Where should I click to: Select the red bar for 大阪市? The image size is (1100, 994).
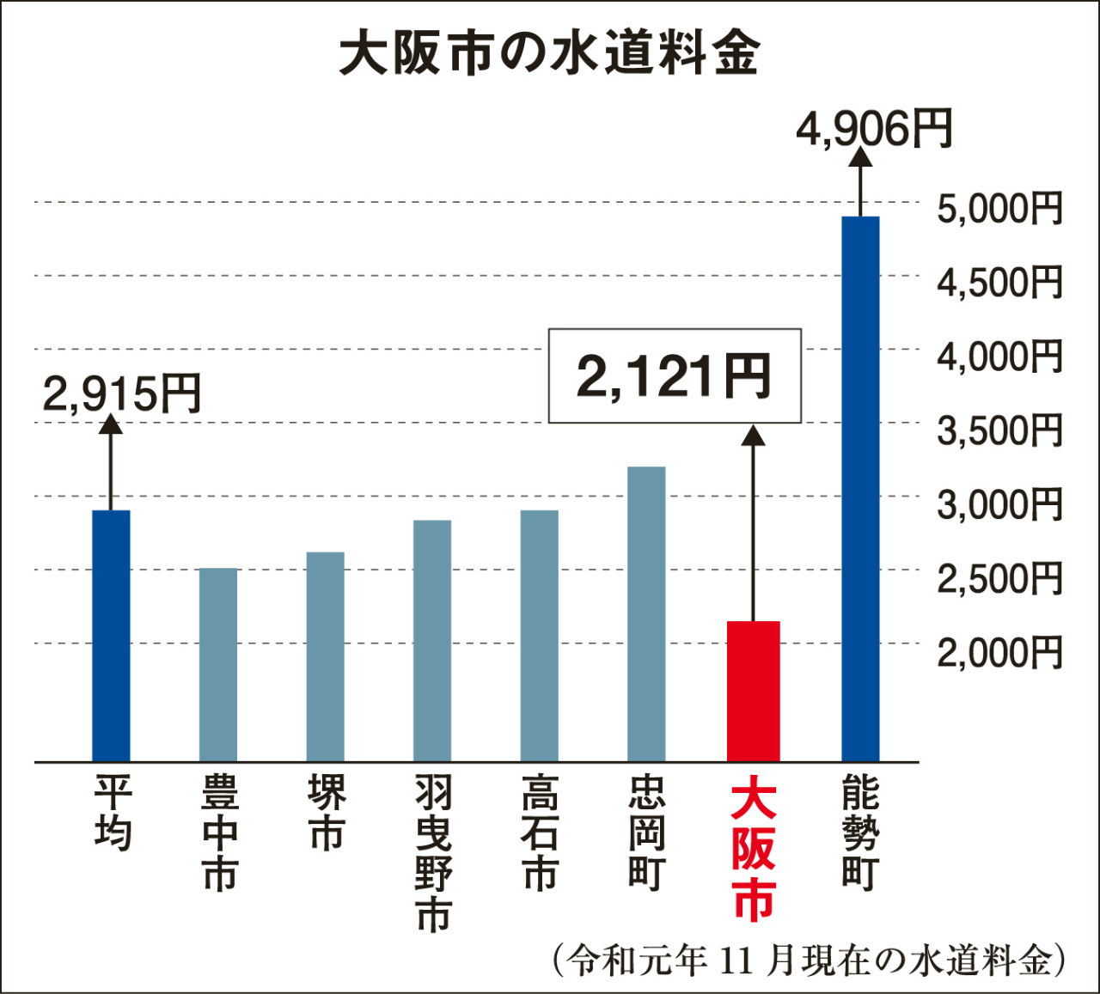point(753,691)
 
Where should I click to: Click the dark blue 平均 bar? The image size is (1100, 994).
point(111,636)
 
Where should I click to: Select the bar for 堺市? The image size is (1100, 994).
point(326,656)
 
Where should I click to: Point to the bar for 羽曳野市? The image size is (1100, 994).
point(432,640)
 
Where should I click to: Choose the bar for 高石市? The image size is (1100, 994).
point(540,636)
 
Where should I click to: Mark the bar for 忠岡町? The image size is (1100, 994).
point(646,613)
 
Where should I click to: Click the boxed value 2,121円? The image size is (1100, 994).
point(675,376)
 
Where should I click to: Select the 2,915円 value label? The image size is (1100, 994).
point(121,393)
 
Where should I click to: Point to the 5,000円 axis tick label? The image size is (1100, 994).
point(999,209)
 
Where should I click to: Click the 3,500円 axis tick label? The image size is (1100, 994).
point(999,430)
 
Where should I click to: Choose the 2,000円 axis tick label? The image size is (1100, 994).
point(999,653)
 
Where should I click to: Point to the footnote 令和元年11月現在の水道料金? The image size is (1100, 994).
point(809,960)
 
